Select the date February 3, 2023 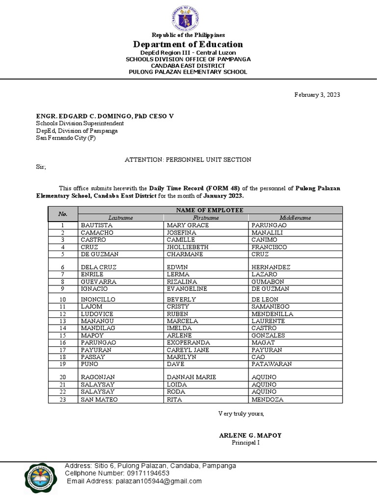pos(317,95)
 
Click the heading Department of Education pos(188,45)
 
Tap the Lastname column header pos(121,217)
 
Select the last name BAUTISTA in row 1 pos(97,225)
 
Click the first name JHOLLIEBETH pos(188,247)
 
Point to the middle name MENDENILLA pos(272,313)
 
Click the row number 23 pos(63,399)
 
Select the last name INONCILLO pos(100,299)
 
